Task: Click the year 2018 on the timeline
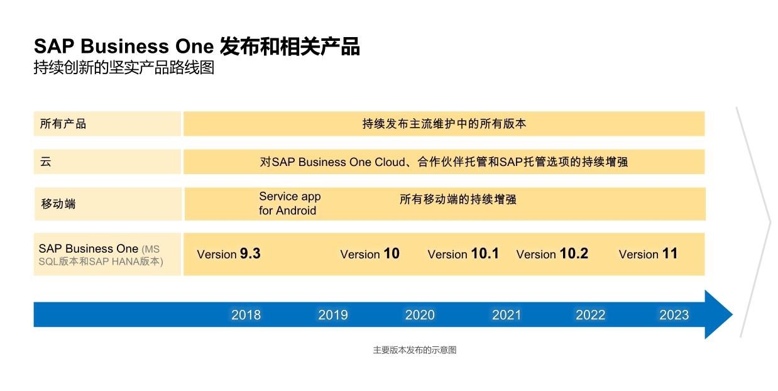pyautogui.click(x=246, y=314)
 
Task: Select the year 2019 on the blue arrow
pyautogui.click(x=332, y=314)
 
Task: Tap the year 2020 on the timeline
pyautogui.click(x=420, y=314)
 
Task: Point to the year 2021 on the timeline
pyautogui.click(x=507, y=314)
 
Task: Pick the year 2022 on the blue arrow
pyautogui.click(x=590, y=314)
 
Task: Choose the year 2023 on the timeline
pyautogui.click(x=674, y=314)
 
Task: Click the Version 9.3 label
pyautogui.click(x=229, y=254)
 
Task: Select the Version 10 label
pyautogui.click(x=370, y=254)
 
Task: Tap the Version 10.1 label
pyautogui.click(x=463, y=254)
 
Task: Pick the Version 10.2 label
pyautogui.click(x=552, y=254)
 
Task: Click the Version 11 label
pyautogui.click(x=648, y=254)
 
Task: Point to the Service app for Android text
pyautogui.click(x=290, y=203)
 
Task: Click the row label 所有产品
pyautogui.click(x=63, y=124)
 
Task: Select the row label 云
pyautogui.click(x=46, y=162)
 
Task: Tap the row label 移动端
pyautogui.click(x=58, y=204)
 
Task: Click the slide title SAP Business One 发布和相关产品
pyautogui.click(x=197, y=47)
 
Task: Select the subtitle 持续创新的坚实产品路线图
pyautogui.click(x=124, y=67)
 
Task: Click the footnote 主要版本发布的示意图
pyautogui.click(x=414, y=350)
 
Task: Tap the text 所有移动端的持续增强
pyautogui.click(x=457, y=199)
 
